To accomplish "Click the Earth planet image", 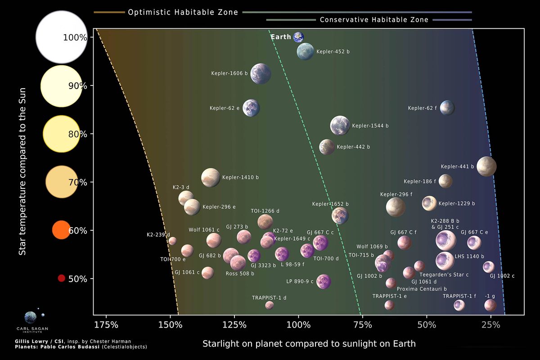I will click(x=298, y=37).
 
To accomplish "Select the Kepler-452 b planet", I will click(x=306, y=52).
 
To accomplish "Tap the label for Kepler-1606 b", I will click(x=229, y=73).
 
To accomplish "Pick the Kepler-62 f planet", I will click(x=447, y=108).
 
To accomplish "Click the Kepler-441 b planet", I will click(x=486, y=166).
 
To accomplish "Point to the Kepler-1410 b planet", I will click(x=211, y=178).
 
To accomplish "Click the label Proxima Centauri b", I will click(x=422, y=288).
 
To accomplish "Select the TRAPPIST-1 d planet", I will click(x=269, y=305).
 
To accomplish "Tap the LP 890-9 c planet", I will click(x=324, y=282).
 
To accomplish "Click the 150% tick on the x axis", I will click(x=170, y=325).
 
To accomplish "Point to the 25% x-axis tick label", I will click(x=490, y=325).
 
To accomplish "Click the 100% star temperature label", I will click(x=75, y=38).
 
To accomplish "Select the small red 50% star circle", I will click(x=62, y=278).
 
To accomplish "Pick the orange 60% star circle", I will click(x=61, y=229).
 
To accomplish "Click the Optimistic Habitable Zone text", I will click(x=183, y=13).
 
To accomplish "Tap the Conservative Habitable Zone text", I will click(x=374, y=20).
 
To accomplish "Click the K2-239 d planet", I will click(x=172, y=241).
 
